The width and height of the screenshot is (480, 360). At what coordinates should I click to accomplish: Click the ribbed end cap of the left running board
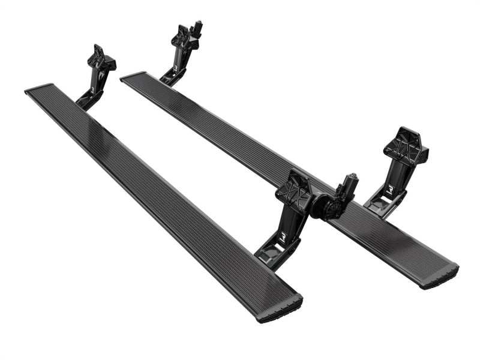(x=280, y=311)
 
